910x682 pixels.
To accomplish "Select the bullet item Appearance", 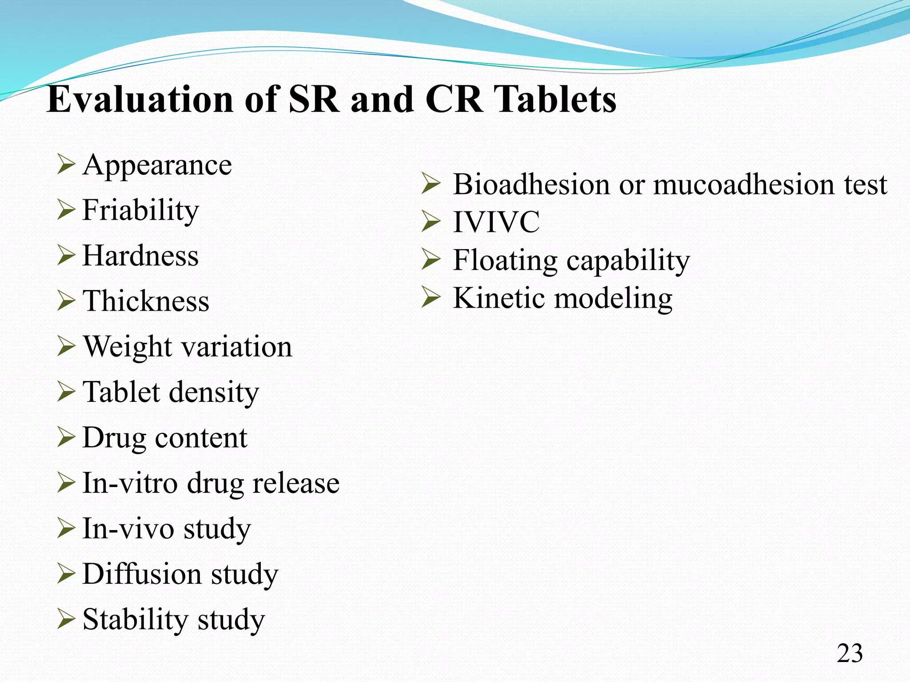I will (157, 165).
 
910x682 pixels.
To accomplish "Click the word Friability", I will (140, 210).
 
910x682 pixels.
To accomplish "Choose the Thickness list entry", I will (146, 301).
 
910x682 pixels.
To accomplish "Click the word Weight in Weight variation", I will (128, 347).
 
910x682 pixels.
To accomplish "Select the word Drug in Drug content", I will (114, 438).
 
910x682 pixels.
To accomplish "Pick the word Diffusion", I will (142, 574).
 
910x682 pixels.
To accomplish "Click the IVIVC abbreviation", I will (496, 222).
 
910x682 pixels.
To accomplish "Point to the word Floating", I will (505, 260).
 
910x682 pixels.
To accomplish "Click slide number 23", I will (850, 654).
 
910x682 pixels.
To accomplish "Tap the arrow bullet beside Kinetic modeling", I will (430, 297).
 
